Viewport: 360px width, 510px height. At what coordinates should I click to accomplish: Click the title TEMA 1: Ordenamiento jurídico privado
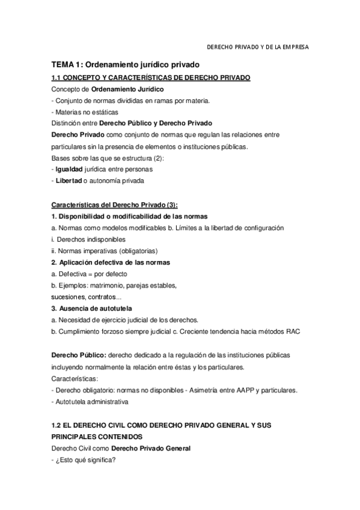tap(125, 64)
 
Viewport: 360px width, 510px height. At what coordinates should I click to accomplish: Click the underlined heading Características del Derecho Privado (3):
tap(114, 204)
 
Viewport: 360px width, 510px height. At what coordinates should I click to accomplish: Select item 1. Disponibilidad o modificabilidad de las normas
tap(129, 216)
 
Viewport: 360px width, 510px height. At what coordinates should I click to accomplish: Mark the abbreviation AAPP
tap(231, 390)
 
